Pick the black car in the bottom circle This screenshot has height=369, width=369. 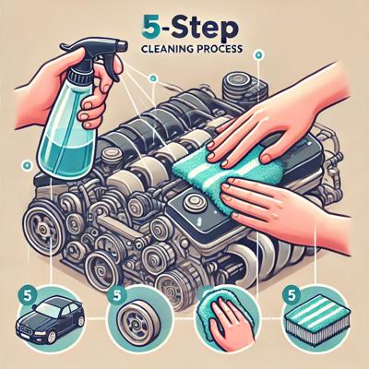pos(50,315)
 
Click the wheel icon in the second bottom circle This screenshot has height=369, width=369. pos(137,320)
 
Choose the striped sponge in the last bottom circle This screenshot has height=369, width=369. pos(312,320)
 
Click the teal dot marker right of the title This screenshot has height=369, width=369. pos(258,55)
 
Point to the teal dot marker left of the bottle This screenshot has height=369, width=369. pos(27,165)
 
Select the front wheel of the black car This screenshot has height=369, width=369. pos(52,334)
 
